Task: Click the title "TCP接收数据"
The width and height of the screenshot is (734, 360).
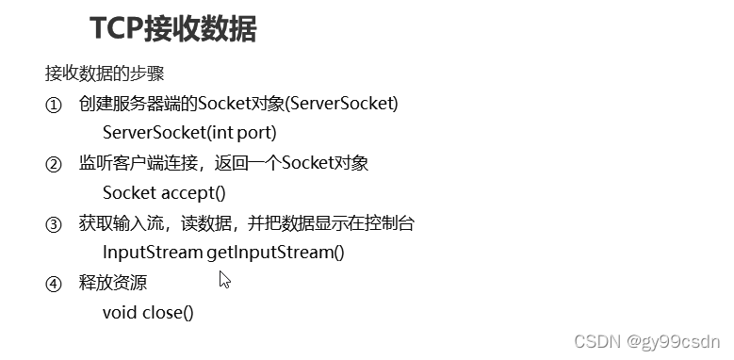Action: point(173,28)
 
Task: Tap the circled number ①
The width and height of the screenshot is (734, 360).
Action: point(53,105)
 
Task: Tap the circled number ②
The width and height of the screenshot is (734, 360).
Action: point(53,164)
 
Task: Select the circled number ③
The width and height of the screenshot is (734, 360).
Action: point(53,224)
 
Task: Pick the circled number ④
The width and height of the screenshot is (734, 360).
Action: point(53,284)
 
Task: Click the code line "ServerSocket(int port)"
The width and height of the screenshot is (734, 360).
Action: point(188,133)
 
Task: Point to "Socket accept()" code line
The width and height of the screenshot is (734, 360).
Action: point(164,193)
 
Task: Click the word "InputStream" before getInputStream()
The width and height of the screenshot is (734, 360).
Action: point(152,253)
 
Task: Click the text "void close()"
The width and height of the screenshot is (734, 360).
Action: point(147,312)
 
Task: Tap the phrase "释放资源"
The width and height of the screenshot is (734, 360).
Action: point(113,284)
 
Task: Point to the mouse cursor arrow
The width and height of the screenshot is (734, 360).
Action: point(224,279)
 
